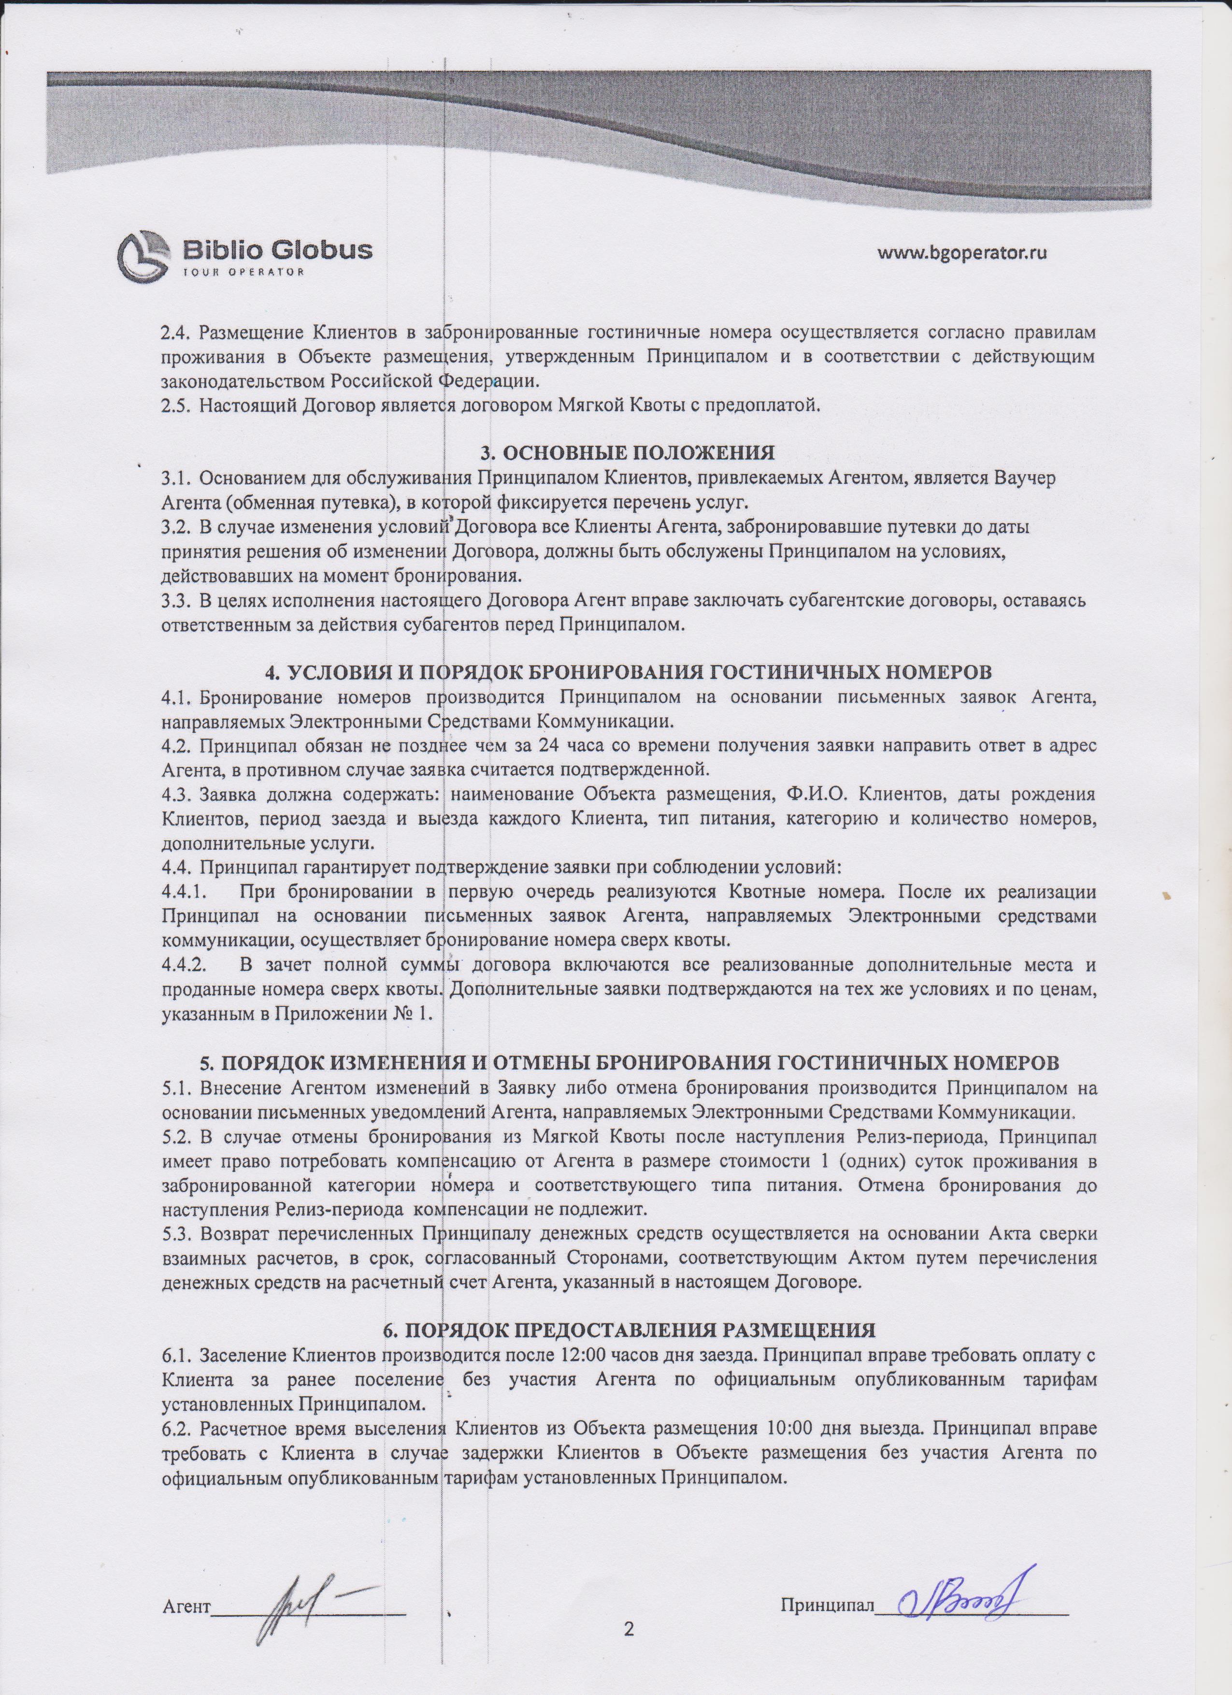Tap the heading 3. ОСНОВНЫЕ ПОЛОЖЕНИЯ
[x=627, y=452]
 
